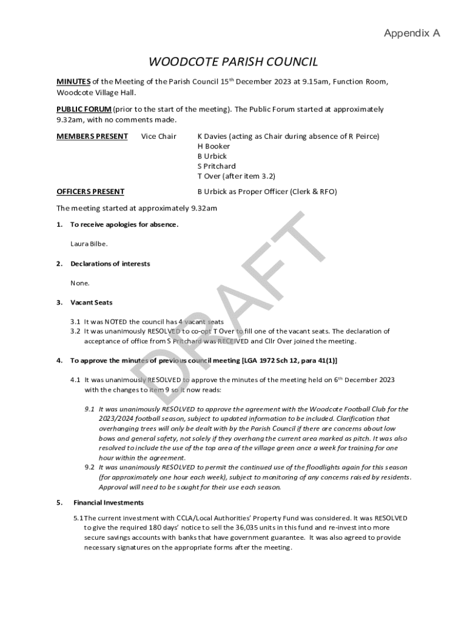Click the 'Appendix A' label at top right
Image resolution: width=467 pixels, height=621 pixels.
[412, 33]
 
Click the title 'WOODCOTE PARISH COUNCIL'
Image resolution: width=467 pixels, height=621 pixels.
[233, 62]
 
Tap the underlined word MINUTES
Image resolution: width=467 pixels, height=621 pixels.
[73, 82]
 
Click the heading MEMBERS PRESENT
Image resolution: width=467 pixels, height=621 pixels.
[92, 136]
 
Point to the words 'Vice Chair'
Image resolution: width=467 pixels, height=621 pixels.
[159, 136]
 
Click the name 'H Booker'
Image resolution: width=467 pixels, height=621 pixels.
[213, 146]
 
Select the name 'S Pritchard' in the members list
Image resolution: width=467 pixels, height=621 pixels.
[217, 166]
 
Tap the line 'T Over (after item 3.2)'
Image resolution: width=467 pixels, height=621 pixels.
[236, 176]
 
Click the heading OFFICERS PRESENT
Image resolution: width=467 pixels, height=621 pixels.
[90, 192]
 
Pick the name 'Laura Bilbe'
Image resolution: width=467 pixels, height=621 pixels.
[89, 244]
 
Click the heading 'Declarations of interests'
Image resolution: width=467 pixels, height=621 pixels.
[110, 264]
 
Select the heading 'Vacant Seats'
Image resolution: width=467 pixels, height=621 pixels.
[91, 303]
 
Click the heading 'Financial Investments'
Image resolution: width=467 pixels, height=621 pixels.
[109, 503]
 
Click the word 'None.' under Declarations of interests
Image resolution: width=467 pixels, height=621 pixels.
[80, 283]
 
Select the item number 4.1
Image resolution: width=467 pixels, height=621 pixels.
[75, 380]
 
